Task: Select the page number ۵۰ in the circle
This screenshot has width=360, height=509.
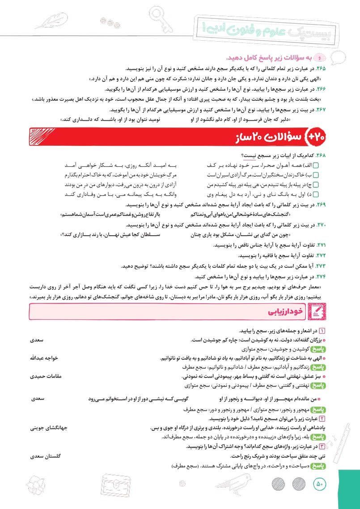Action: (319, 484)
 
